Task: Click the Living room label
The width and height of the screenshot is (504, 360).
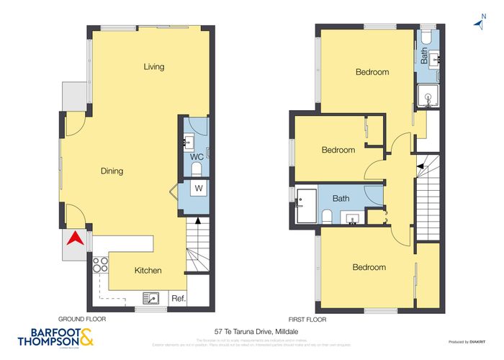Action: (x=153, y=67)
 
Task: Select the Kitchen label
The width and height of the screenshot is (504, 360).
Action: (x=148, y=271)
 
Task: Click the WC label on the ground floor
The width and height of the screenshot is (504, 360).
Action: (x=196, y=157)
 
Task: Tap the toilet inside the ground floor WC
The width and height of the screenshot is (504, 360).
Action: (x=197, y=169)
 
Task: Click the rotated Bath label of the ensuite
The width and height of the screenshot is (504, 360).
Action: (x=425, y=56)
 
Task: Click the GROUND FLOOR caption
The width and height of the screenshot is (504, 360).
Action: (x=82, y=318)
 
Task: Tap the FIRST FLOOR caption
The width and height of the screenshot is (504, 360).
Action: (x=306, y=318)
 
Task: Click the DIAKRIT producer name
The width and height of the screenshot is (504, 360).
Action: (x=475, y=342)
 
